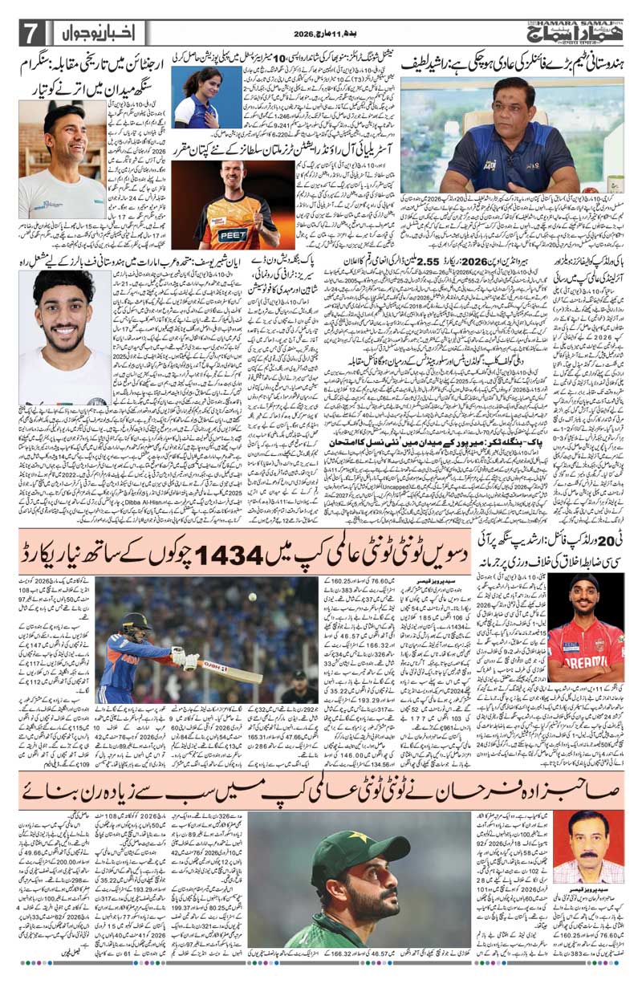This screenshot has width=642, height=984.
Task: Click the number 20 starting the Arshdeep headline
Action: point(628,529)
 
